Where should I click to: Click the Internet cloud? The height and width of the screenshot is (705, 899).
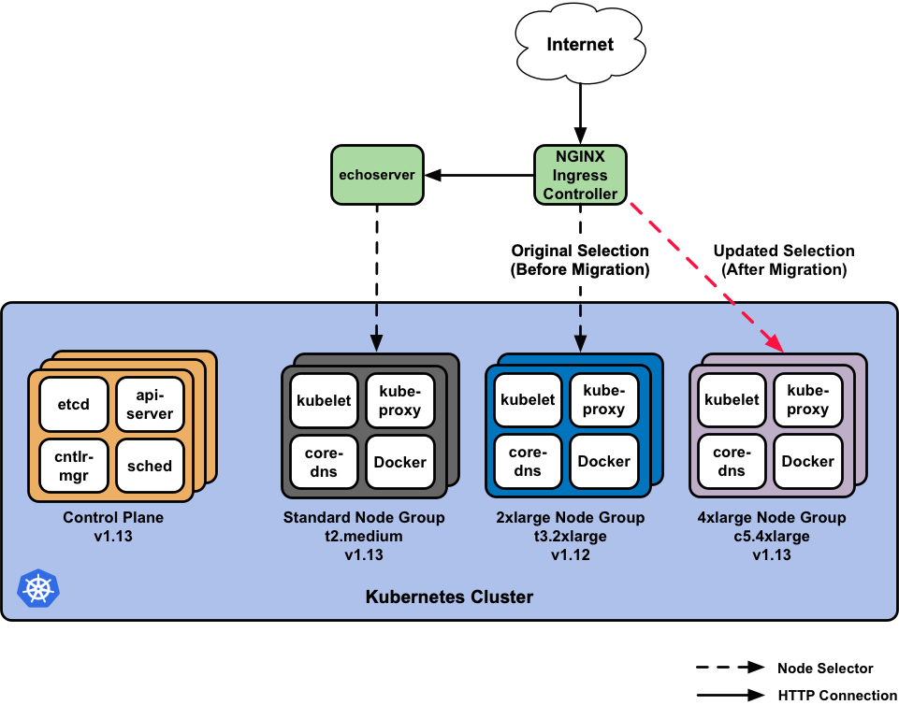click(580, 44)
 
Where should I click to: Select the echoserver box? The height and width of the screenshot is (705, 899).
click(377, 174)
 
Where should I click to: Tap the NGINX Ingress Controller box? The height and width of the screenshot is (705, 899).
click(580, 175)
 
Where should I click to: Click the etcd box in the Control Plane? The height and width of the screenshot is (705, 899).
click(74, 405)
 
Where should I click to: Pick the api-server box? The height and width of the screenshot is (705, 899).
click(150, 405)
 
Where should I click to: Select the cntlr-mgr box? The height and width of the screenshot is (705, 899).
click(74, 466)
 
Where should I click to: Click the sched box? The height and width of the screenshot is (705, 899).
click(150, 466)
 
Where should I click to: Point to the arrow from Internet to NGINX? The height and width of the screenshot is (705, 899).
click(580, 112)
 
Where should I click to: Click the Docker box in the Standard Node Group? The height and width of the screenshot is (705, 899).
click(399, 462)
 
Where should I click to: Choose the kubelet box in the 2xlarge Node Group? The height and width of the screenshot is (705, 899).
click(528, 400)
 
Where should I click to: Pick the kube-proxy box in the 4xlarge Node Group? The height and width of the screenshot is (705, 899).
click(807, 400)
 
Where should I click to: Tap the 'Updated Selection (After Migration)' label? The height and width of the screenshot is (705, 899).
click(783, 260)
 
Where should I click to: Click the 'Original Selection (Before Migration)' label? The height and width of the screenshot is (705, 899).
click(580, 260)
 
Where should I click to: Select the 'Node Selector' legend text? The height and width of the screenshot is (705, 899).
click(824, 669)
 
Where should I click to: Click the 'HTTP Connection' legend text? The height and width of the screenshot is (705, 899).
click(836, 695)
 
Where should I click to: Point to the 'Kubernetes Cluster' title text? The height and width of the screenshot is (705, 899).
click(449, 597)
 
